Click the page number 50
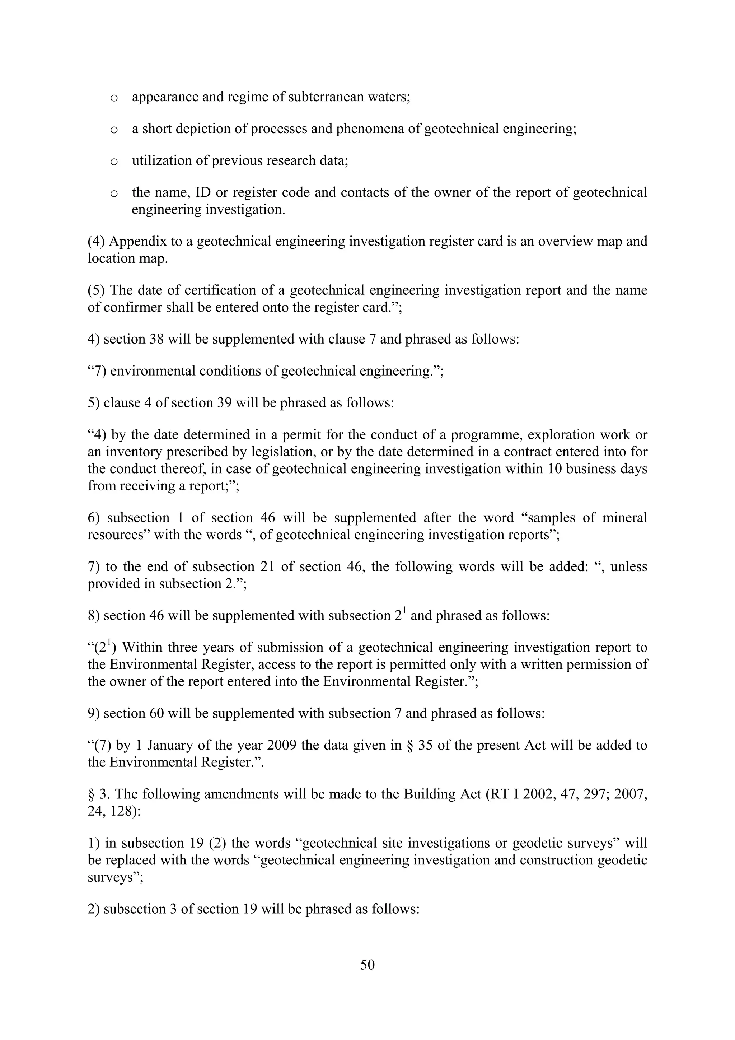point(367,965)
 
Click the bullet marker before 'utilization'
point(114,162)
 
